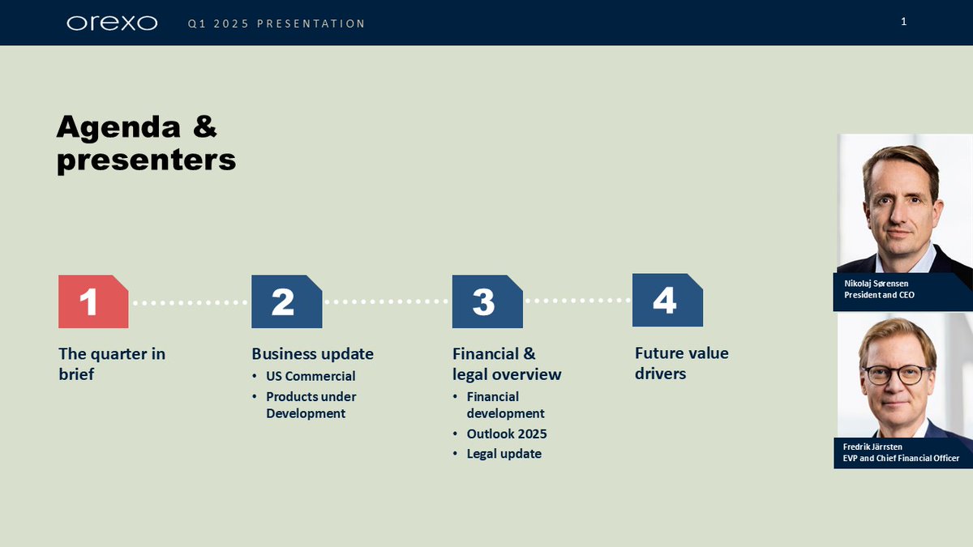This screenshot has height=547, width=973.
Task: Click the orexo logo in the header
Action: tap(112, 23)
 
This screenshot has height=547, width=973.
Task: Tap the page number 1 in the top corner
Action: tap(903, 22)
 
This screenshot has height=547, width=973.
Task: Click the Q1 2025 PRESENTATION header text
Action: tap(276, 24)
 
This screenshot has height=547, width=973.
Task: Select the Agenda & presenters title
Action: tap(146, 143)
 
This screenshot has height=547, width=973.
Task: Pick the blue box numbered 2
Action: tap(286, 301)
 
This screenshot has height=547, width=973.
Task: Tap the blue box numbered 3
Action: tap(486, 301)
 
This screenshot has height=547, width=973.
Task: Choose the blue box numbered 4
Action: tap(667, 301)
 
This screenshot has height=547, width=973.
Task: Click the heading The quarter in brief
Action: tap(112, 364)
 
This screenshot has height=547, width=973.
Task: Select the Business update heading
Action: tap(312, 354)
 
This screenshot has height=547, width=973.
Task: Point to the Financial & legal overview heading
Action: tap(507, 364)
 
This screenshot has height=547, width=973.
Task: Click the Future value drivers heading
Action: tap(681, 363)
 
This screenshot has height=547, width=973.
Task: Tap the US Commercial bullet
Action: tap(311, 376)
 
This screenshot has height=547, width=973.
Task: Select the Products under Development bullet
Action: tap(311, 404)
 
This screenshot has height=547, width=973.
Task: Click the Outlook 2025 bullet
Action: tap(507, 434)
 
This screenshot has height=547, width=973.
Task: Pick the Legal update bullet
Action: tap(504, 454)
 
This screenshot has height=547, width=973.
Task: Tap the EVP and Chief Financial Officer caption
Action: tap(900, 452)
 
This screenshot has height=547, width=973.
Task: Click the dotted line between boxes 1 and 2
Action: tap(190, 302)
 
